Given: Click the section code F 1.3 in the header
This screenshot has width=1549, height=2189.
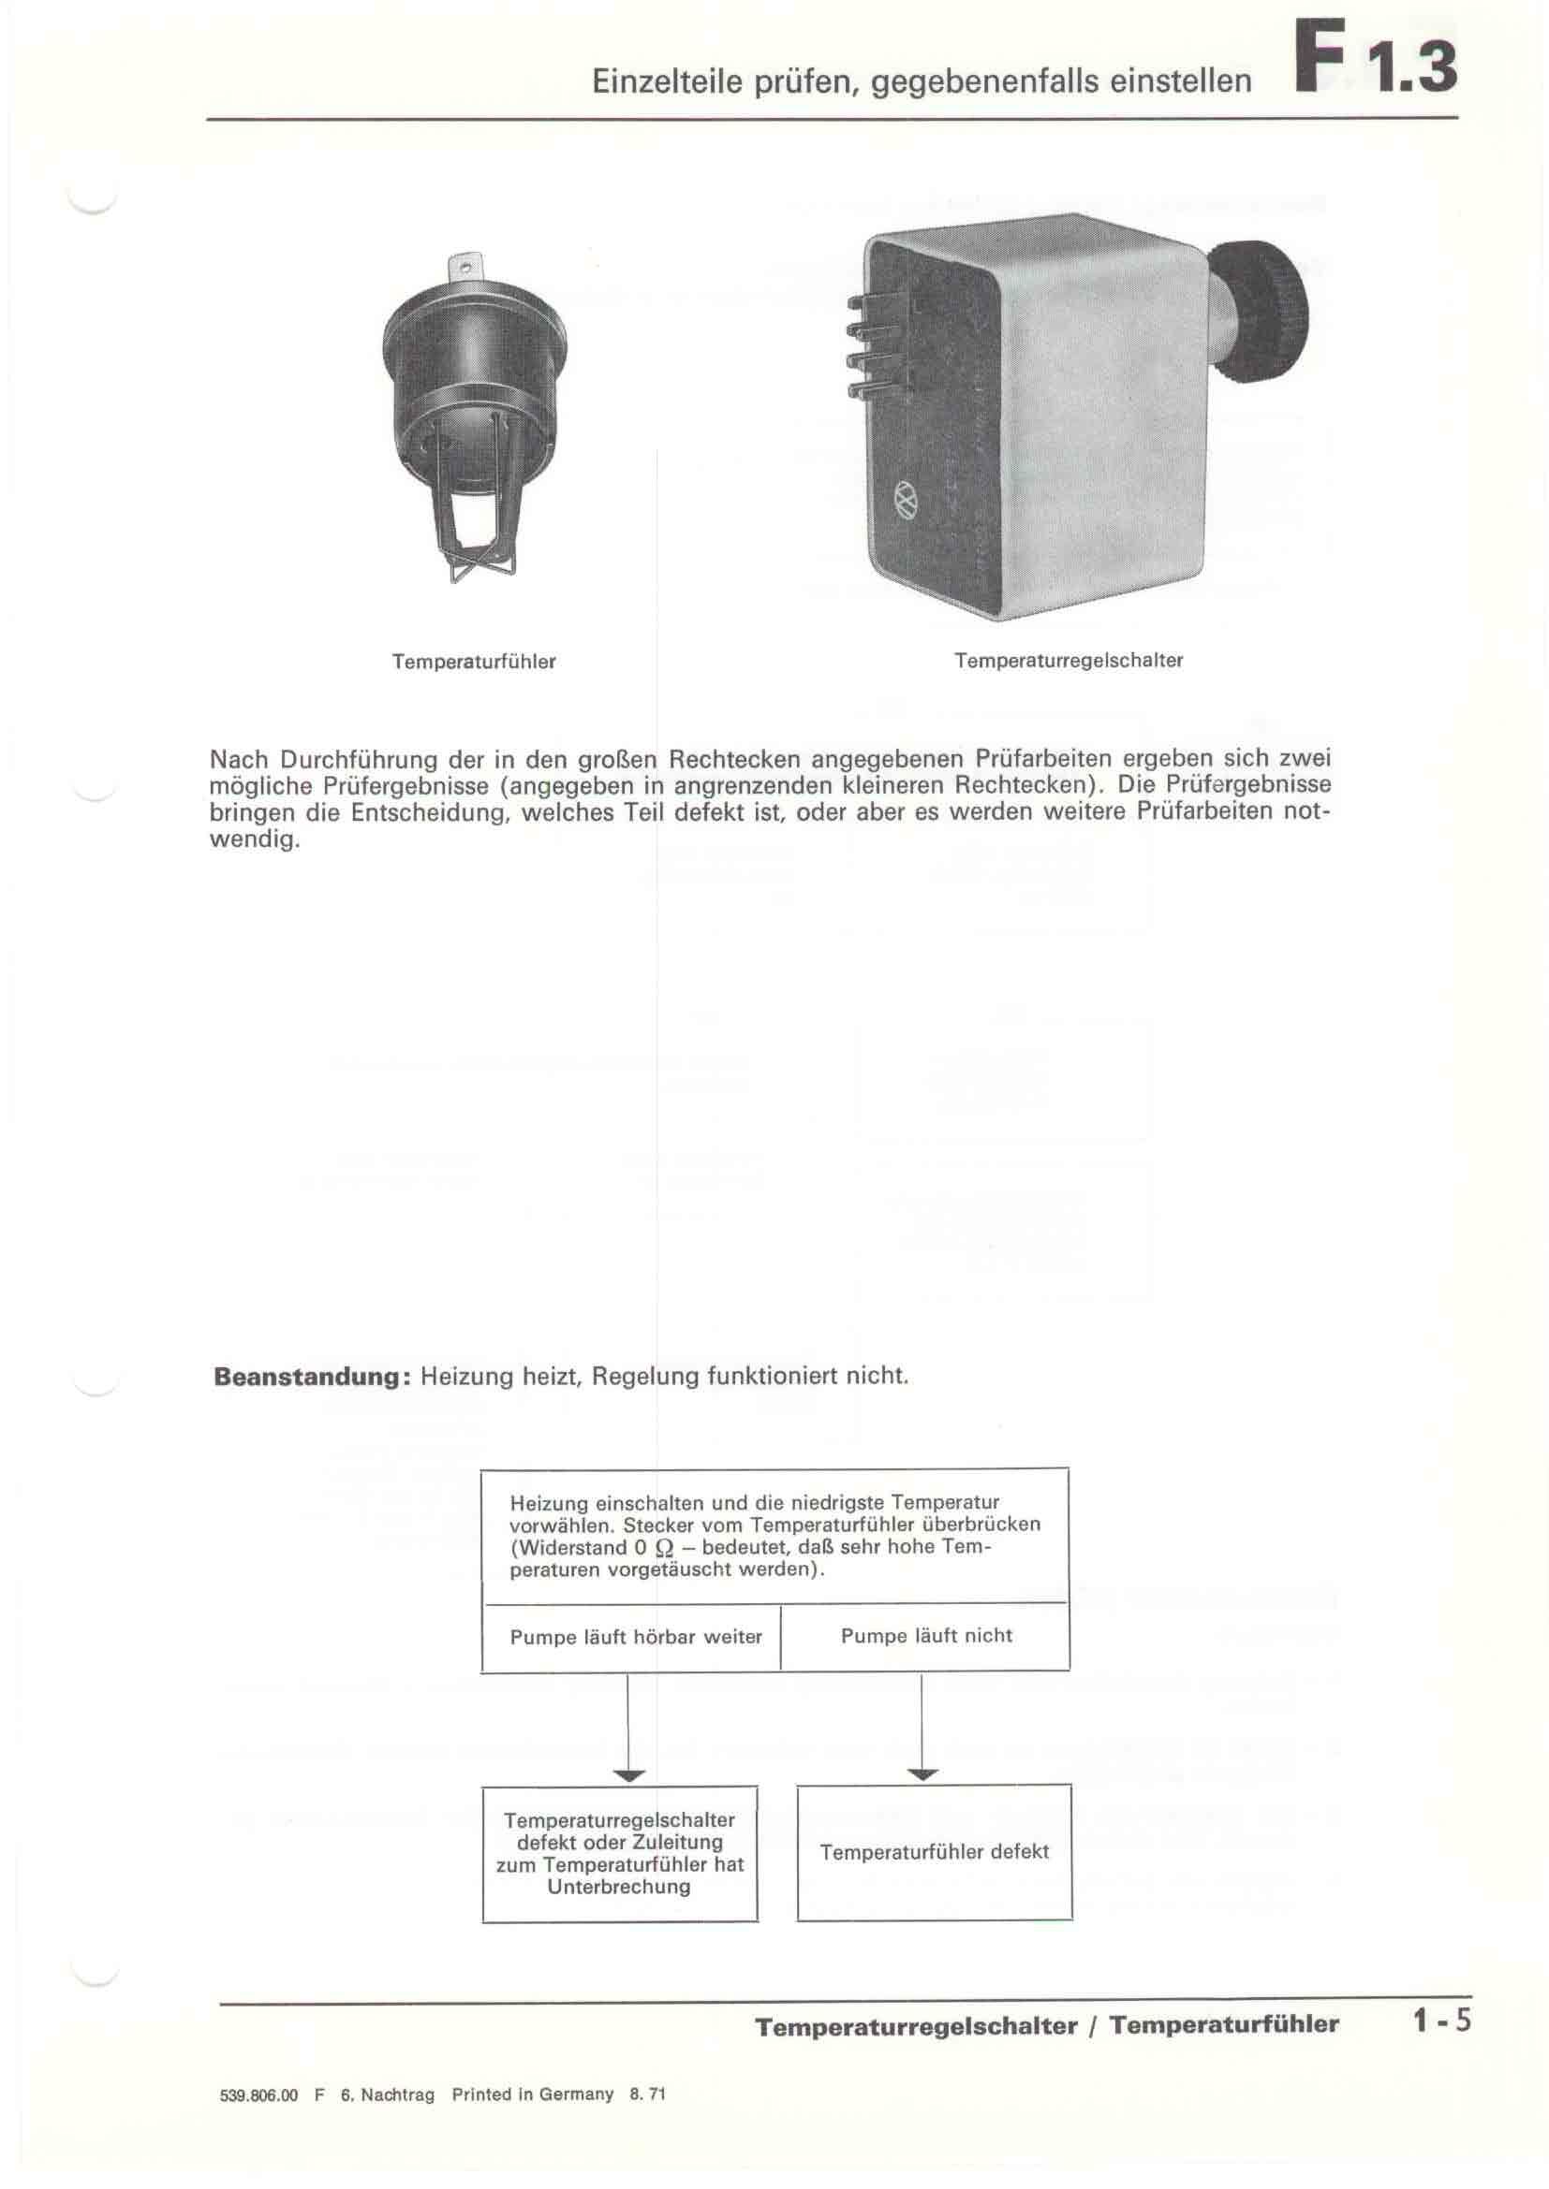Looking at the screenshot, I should [x=1375, y=59].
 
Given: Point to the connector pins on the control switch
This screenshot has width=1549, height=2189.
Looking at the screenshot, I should [x=873, y=346].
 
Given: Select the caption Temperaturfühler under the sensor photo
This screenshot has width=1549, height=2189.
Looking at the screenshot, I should [x=473, y=662].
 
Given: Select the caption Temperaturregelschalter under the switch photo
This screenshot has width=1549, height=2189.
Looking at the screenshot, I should [x=1069, y=661].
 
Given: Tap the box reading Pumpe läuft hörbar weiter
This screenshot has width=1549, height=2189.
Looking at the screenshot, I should [x=635, y=1637].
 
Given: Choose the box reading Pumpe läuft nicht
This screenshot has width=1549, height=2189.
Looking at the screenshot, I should [x=926, y=1636].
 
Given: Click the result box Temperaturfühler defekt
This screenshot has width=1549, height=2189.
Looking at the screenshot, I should [x=934, y=1851].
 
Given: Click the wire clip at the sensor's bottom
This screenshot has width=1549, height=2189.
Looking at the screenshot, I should [x=474, y=562].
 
